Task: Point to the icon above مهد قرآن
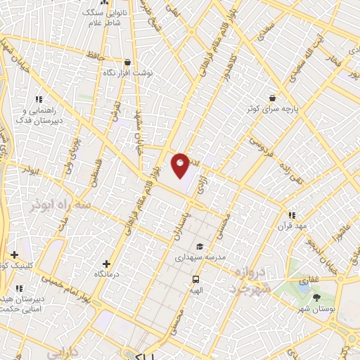click(x=291, y=214)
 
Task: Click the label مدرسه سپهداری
click(x=200, y=258)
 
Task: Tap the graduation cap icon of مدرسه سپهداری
click(x=200, y=247)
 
